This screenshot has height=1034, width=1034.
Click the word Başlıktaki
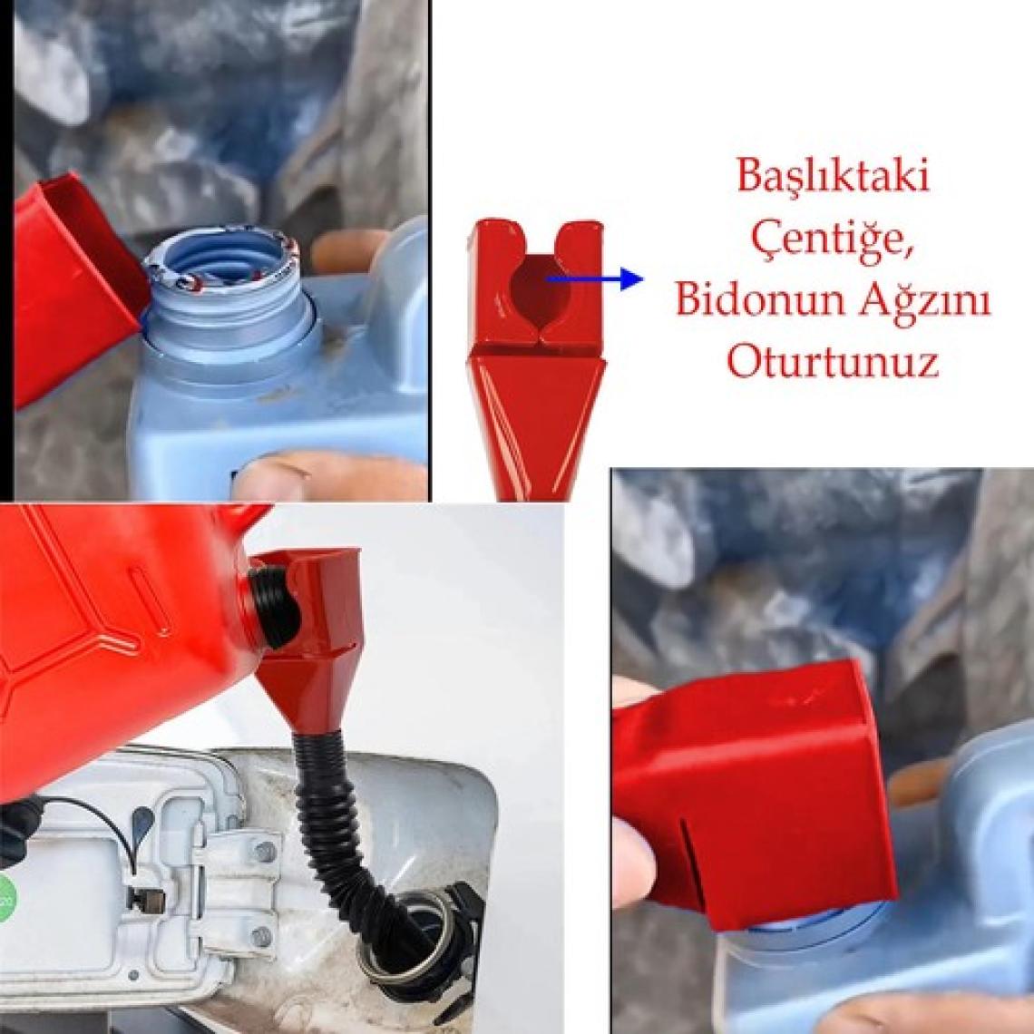[833, 176]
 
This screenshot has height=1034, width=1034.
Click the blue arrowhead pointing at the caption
[632, 279]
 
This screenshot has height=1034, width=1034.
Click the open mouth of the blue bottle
[220, 264]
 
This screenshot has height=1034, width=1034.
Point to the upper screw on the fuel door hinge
[265, 852]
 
